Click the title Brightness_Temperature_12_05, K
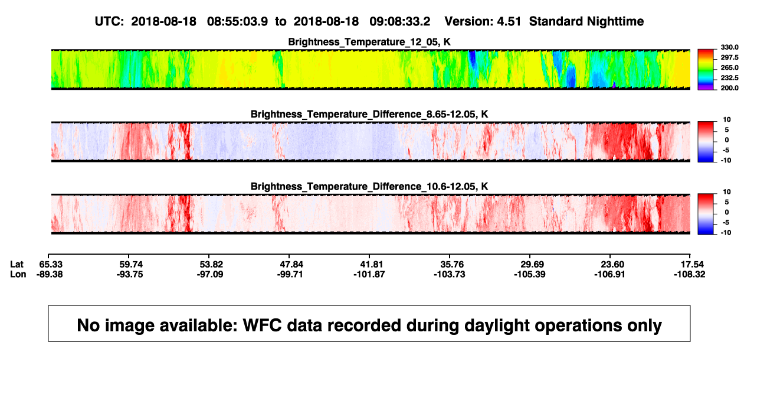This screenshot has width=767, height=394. click(369, 42)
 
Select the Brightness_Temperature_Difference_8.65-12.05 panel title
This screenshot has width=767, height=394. click(369, 114)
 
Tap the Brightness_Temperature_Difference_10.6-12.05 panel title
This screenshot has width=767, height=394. click(369, 187)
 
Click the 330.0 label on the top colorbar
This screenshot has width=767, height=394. click(729, 47)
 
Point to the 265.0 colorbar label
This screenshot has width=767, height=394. click(729, 67)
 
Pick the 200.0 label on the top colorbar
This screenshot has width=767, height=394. click(729, 88)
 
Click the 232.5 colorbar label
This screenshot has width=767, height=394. click(729, 78)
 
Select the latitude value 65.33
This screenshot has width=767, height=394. click(51, 265)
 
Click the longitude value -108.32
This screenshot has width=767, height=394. click(690, 274)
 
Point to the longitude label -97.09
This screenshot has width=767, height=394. click(210, 274)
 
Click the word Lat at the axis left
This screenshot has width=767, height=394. click(17, 265)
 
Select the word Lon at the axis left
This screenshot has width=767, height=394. click(18, 274)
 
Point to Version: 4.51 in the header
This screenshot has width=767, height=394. click(483, 22)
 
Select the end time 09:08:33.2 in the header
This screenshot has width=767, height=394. click(399, 22)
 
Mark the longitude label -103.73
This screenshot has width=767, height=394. click(449, 274)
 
